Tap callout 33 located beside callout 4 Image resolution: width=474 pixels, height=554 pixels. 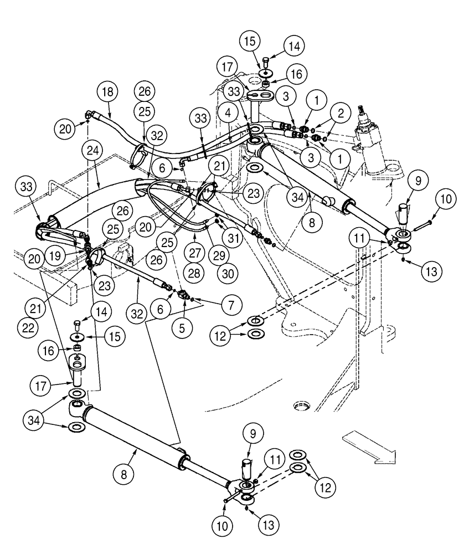pyautogui.click(x=200, y=118)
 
